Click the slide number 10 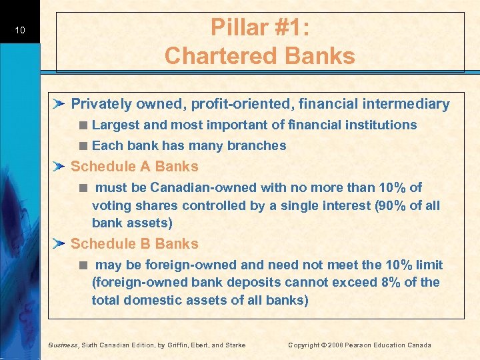pos(20,29)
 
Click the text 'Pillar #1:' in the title pos(260,27)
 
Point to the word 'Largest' pos(114,125)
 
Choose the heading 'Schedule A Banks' pos(135,166)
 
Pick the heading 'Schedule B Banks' pos(135,243)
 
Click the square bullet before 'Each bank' pos(83,146)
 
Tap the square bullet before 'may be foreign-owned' pos(83,265)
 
